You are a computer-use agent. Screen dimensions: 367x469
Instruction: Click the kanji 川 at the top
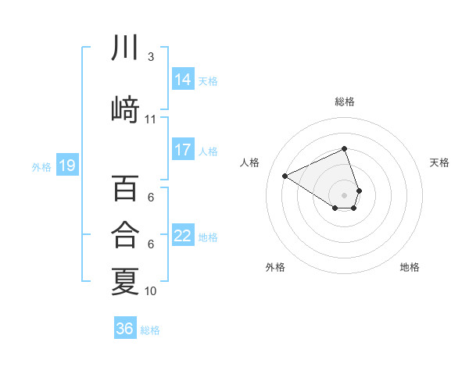tap(125, 48)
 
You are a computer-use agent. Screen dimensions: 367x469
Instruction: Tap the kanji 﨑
tap(125, 111)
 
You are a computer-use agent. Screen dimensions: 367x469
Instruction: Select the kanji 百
tap(125, 189)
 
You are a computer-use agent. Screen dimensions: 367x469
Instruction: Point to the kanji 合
tap(125, 235)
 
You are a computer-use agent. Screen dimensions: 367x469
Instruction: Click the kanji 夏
tap(125, 281)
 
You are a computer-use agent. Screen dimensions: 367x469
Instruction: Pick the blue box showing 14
tap(182, 79)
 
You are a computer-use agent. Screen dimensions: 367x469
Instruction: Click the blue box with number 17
tap(182, 149)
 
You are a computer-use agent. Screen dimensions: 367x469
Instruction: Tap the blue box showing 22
tap(182, 235)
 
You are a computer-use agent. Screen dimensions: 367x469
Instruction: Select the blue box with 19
tap(66, 166)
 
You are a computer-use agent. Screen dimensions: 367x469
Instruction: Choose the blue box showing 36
tap(125, 329)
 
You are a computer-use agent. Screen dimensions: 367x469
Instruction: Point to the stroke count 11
tap(151, 119)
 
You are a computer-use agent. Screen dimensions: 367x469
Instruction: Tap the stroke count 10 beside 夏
tap(151, 290)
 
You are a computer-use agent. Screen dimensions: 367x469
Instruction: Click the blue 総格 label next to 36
tap(150, 330)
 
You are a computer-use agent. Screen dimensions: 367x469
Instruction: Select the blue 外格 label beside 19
tap(41, 166)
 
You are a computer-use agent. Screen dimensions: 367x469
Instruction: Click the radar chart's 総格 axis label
tap(345, 102)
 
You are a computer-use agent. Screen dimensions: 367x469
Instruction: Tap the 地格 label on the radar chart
tap(410, 267)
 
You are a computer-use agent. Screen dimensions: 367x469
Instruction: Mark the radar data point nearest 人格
tap(285, 176)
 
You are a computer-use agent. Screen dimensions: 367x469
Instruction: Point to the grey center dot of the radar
tap(345, 194)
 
